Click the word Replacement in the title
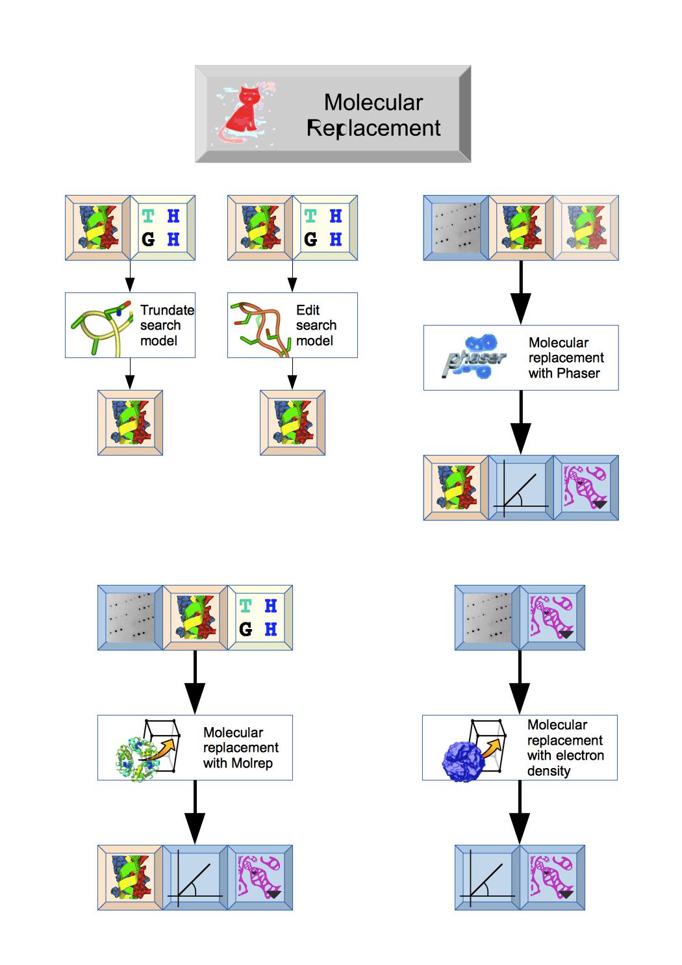[x=373, y=128]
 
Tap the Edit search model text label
[x=316, y=325]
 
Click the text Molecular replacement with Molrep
[x=240, y=747]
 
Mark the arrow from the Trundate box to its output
[x=130, y=374]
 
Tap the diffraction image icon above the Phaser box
[x=455, y=227]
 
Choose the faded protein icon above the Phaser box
[x=586, y=227]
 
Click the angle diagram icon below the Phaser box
[x=521, y=487]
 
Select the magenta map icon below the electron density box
[x=553, y=877]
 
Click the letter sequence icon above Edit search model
[x=325, y=227]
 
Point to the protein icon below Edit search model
[x=292, y=422]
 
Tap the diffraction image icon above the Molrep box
[x=130, y=617]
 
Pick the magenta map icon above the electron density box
[x=553, y=617]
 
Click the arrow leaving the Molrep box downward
[x=195, y=812]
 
